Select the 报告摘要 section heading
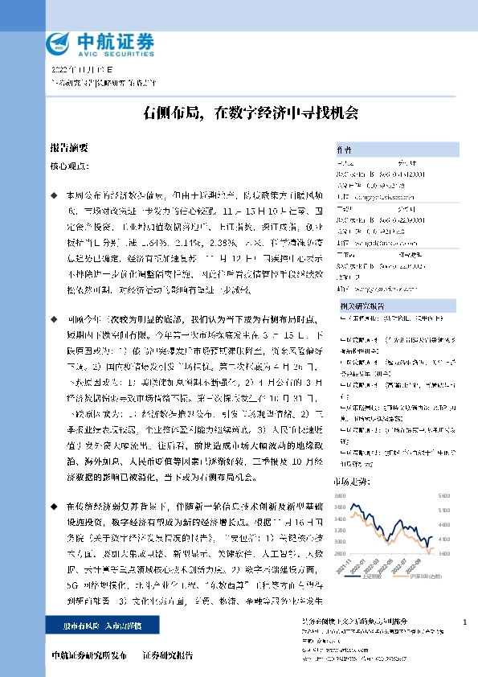[69, 149]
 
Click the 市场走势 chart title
[348, 481]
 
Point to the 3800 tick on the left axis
[339, 496]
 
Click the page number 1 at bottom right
[466, 622]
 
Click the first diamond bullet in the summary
[54, 195]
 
